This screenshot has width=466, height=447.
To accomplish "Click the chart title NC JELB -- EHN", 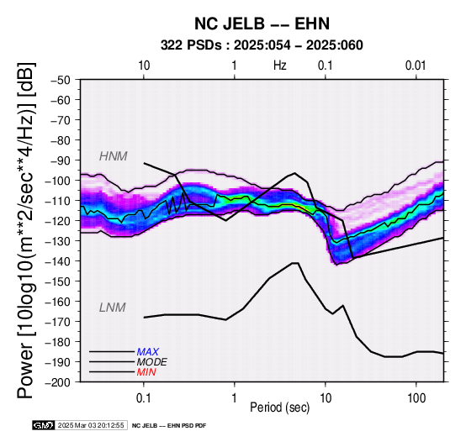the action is pyautogui.click(x=262, y=24).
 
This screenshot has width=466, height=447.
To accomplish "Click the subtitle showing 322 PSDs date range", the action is pyautogui.click(x=262, y=45).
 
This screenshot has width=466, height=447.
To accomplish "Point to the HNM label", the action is pyautogui.click(x=114, y=156).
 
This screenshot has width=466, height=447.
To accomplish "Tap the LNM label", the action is pyautogui.click(x=113, y=308).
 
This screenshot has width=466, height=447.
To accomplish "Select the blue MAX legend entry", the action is pyautogui.click(x=148, y=352).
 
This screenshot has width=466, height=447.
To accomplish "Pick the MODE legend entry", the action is pyautogui.click(x=152, y=362).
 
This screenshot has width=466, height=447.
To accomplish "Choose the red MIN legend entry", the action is pyautogui.click(x=146, y=372).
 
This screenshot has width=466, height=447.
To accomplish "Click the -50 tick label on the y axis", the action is pyautogui.click(x=61, y=80).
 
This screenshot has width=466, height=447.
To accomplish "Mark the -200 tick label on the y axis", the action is pyautogui.click(x=58, y=382).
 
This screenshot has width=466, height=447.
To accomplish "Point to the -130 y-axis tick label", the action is pyautogui.click(x=58, y=241).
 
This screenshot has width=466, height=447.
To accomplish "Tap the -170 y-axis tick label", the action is pyautogui.click(x=58, y=322).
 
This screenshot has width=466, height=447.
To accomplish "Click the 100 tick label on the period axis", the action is pyautogui.click(x=416, y=398).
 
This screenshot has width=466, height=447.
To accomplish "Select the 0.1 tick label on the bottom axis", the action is pyautogui.click(x=144, y=398).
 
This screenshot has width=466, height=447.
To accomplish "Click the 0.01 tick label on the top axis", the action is pyautogui.click(x=416, y=66).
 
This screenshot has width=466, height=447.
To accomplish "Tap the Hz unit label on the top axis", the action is pyautogui.click(x=280, y=66).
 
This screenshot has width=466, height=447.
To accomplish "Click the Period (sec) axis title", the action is pyautogui.click(x=279, y=408).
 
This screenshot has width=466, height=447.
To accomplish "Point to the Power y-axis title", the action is pyautogui.click(x=26, y=230).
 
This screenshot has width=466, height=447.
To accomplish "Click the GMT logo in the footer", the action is pyautogui.click(x=44, y=425).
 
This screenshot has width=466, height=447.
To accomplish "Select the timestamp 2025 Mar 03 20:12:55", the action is pyautogui.click(x=91, y=425).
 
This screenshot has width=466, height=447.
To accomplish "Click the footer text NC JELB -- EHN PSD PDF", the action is pyautogui.click(x=169, y=426).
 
